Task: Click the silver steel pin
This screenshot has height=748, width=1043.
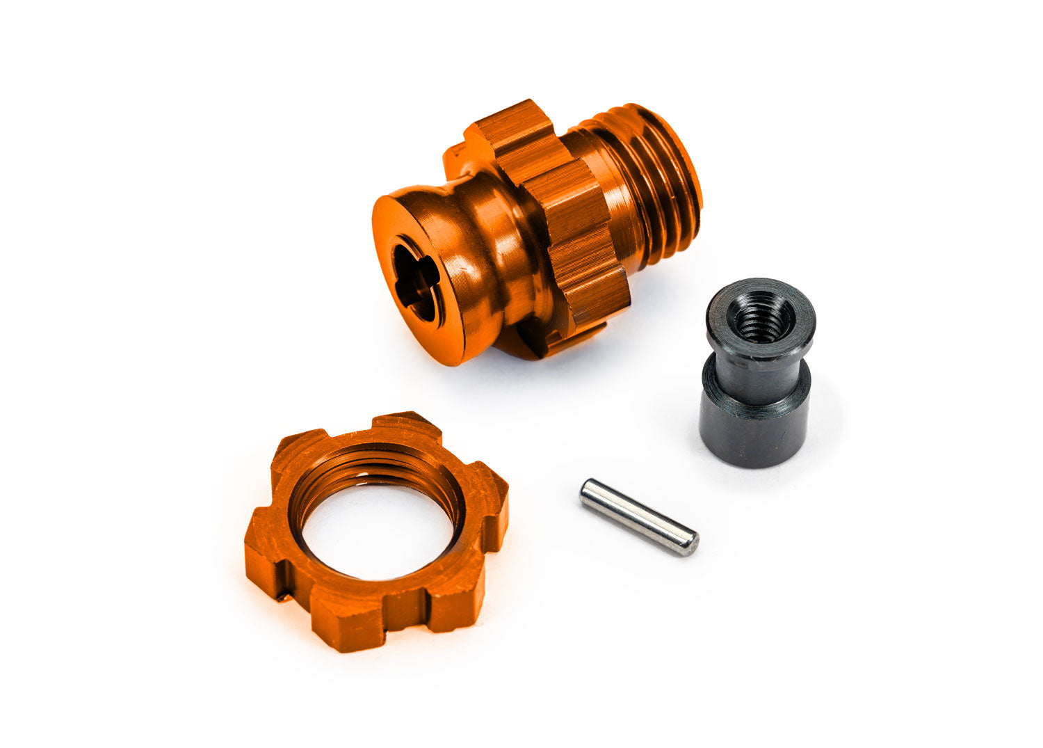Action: [x=638, y=517]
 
